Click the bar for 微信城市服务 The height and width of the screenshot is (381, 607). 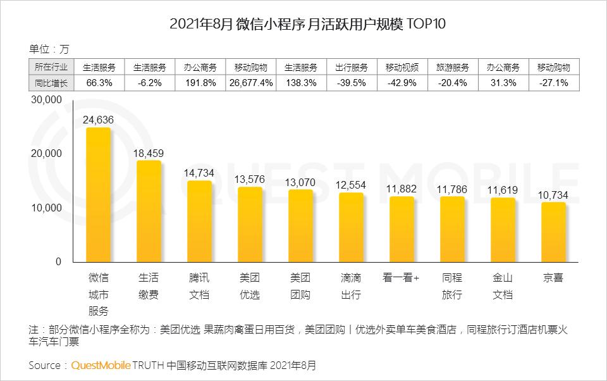pos(99,195)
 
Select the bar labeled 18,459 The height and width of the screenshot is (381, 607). pos(149,211)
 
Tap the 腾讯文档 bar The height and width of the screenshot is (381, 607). pos(200,222)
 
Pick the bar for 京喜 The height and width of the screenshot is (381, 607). pos(554,232)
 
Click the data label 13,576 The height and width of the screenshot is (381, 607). pos(250,178)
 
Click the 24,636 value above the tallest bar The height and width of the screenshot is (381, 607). pos(99,119)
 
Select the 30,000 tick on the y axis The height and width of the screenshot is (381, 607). pos(46,100)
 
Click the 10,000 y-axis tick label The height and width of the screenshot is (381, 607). pos(46,208)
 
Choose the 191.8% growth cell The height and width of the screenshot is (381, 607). pos(200,83)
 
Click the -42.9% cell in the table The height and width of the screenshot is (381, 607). pos(402,83)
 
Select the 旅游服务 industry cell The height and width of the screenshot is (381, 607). pos(453,67)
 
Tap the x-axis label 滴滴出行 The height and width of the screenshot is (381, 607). pos(352,286)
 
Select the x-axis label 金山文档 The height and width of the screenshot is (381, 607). pos(503,286)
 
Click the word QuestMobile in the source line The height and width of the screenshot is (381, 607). pos(101,365)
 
